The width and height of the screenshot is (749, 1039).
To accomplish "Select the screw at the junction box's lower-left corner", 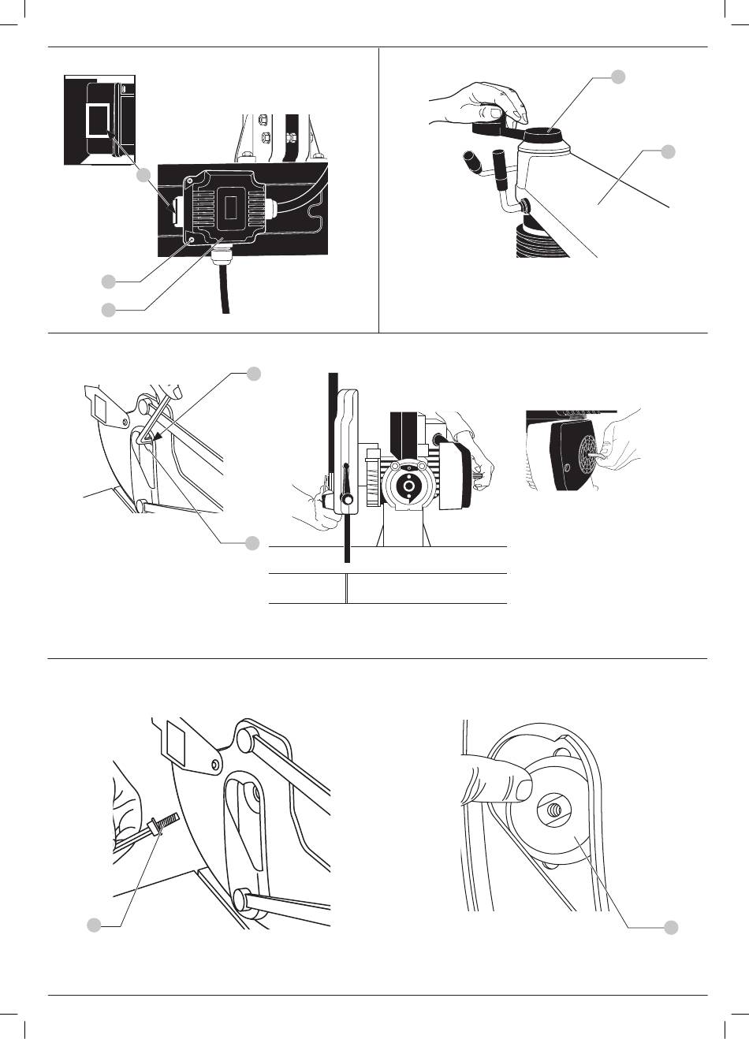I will pyautogui.click(x=192, y=238).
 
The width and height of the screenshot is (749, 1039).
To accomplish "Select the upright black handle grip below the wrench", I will pyautogui.click(x=501, y=169).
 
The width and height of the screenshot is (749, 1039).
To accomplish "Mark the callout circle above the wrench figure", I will pyautogui.click(x=619, y=76).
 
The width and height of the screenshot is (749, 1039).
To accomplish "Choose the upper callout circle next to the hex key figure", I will pyautogui.click(x=253, y=373).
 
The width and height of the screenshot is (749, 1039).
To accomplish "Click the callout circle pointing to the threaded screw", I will pyautogui.click(x=94, y=925).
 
